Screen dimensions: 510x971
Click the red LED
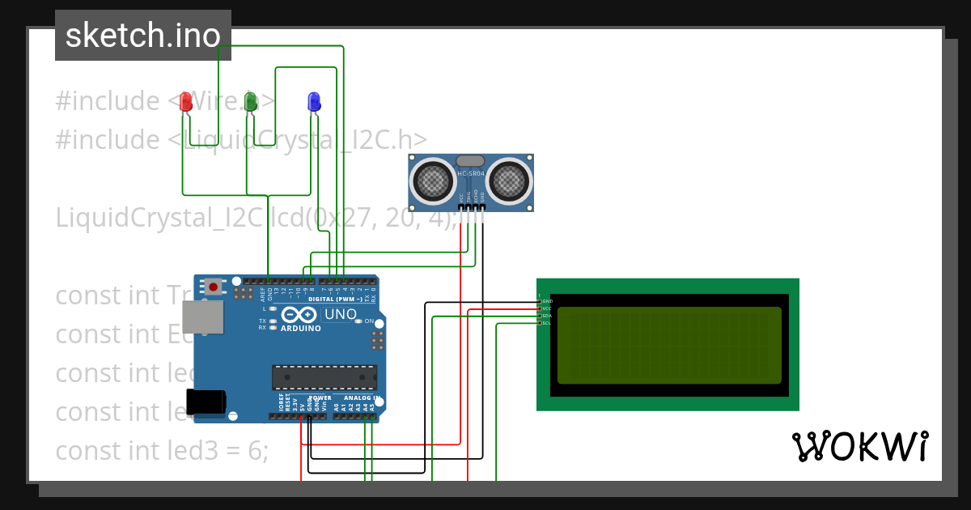pos(186,101)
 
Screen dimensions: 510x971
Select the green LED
pos(251,101)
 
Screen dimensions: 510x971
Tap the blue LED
pos(314,101)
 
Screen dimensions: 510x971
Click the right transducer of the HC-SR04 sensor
pos(510,180)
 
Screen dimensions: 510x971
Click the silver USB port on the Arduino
pos(203,317)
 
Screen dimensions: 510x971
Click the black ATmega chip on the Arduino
pos(324,378)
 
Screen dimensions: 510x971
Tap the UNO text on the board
pos(340,314)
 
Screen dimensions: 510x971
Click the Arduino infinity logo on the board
pos(300,315)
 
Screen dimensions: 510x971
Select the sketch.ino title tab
pos(143,36)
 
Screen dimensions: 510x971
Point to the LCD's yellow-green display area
pos(669,346)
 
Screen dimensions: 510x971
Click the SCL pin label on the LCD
pos(546,323)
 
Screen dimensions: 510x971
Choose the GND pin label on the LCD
pos(547,301)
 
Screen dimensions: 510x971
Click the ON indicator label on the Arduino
pos(369,321)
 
